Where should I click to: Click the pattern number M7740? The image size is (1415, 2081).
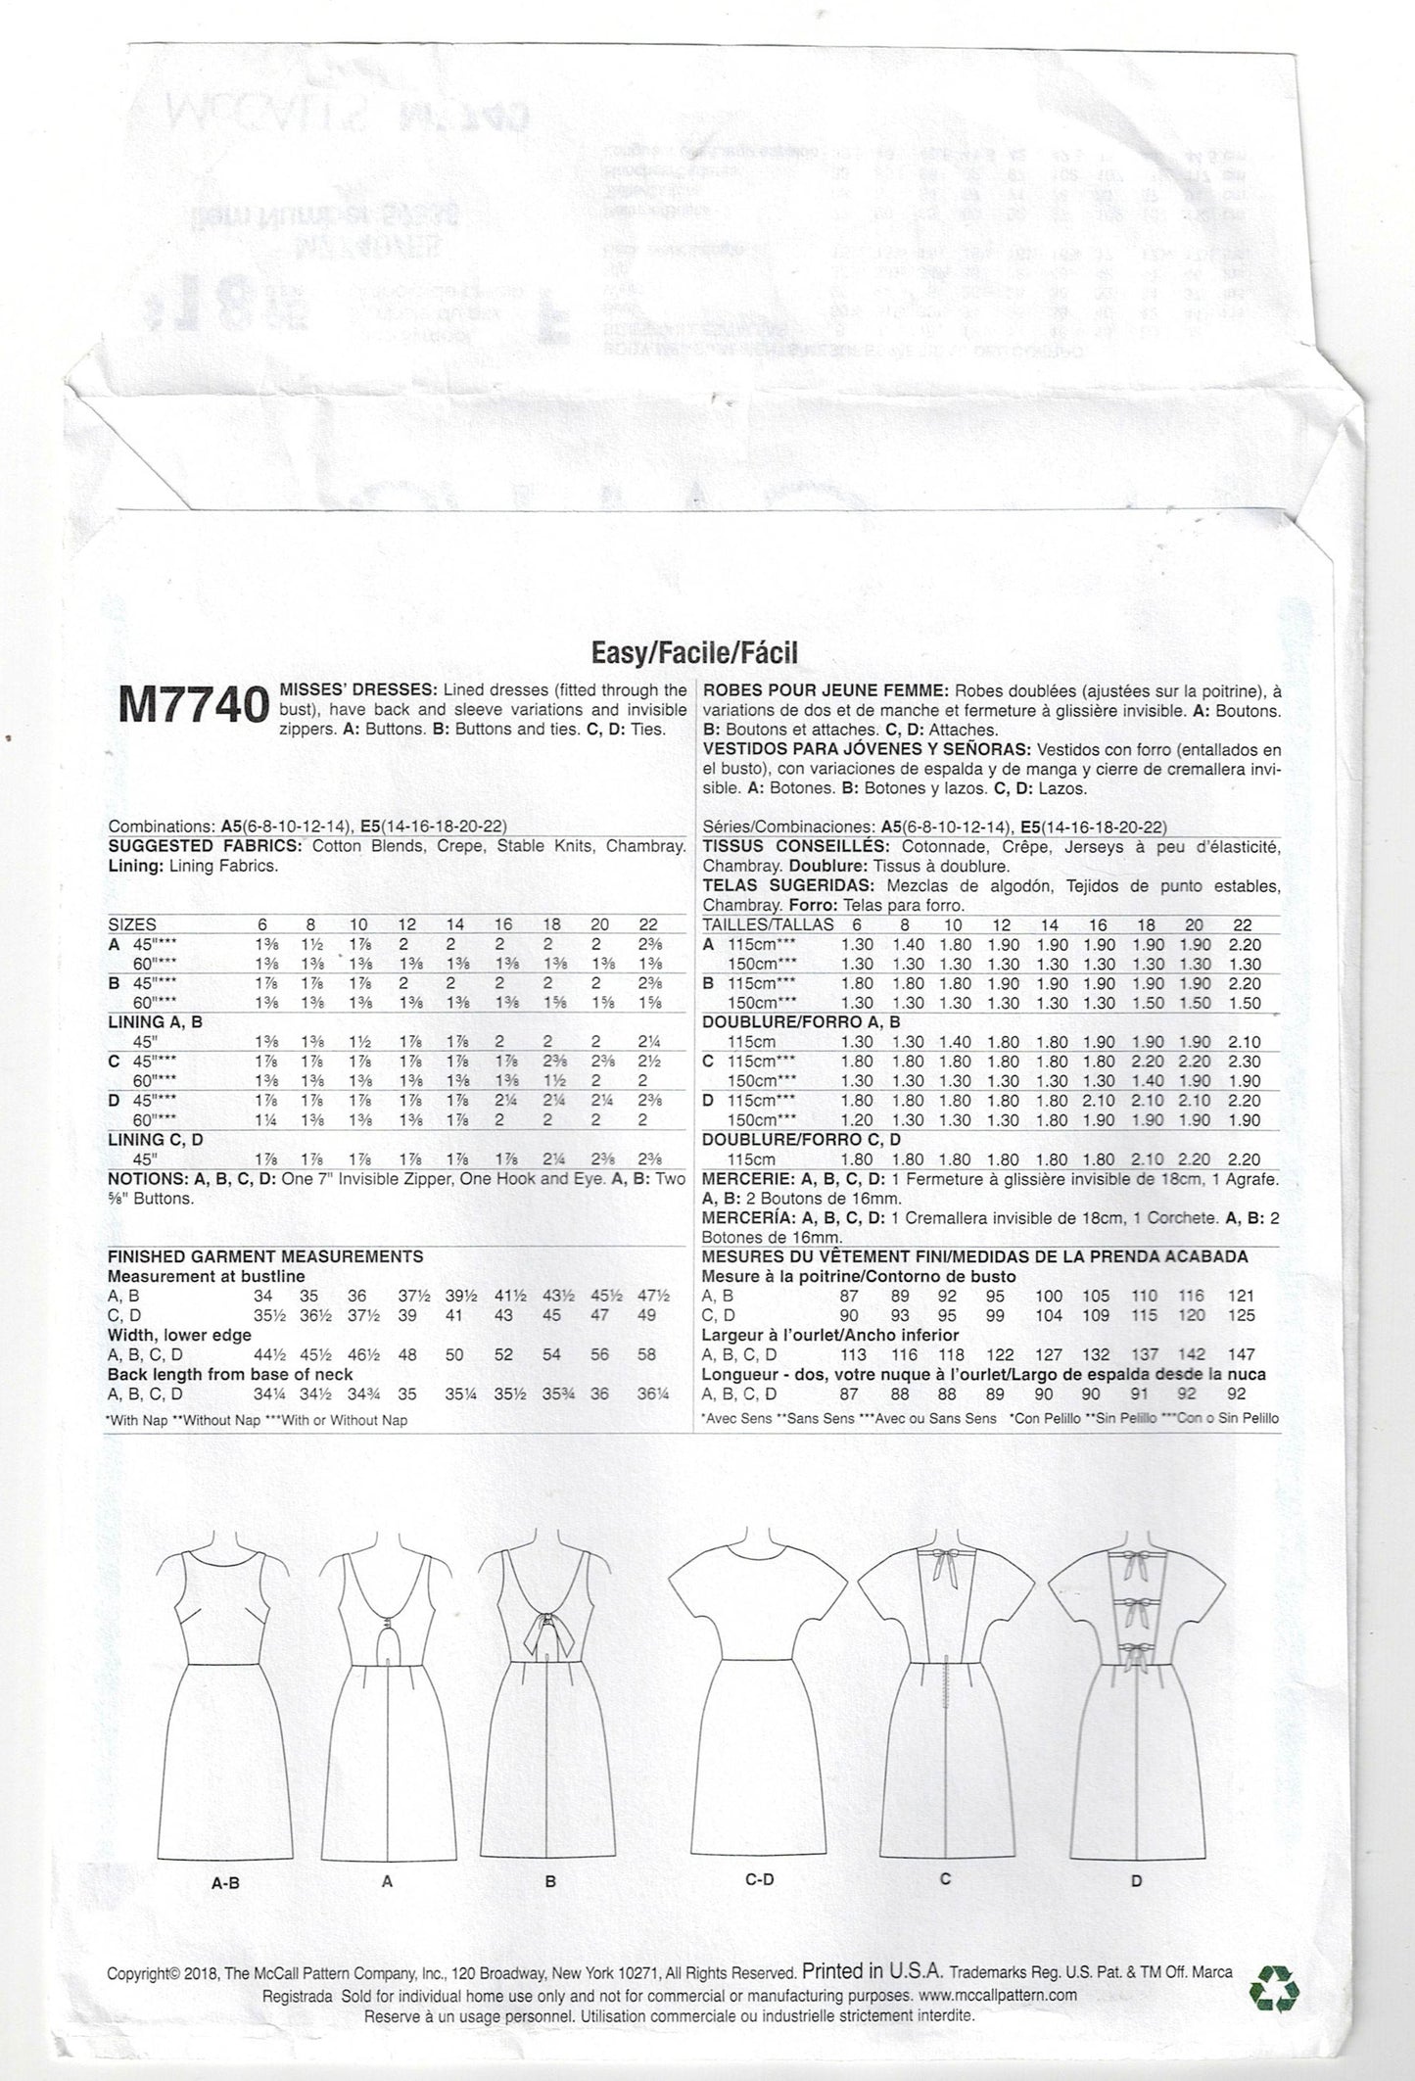click(193, 704)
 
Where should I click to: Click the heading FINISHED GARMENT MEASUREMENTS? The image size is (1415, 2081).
click(265, 1256)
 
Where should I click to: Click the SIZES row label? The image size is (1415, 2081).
click(132, 924)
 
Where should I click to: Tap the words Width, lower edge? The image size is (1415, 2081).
click(180, 1335)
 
